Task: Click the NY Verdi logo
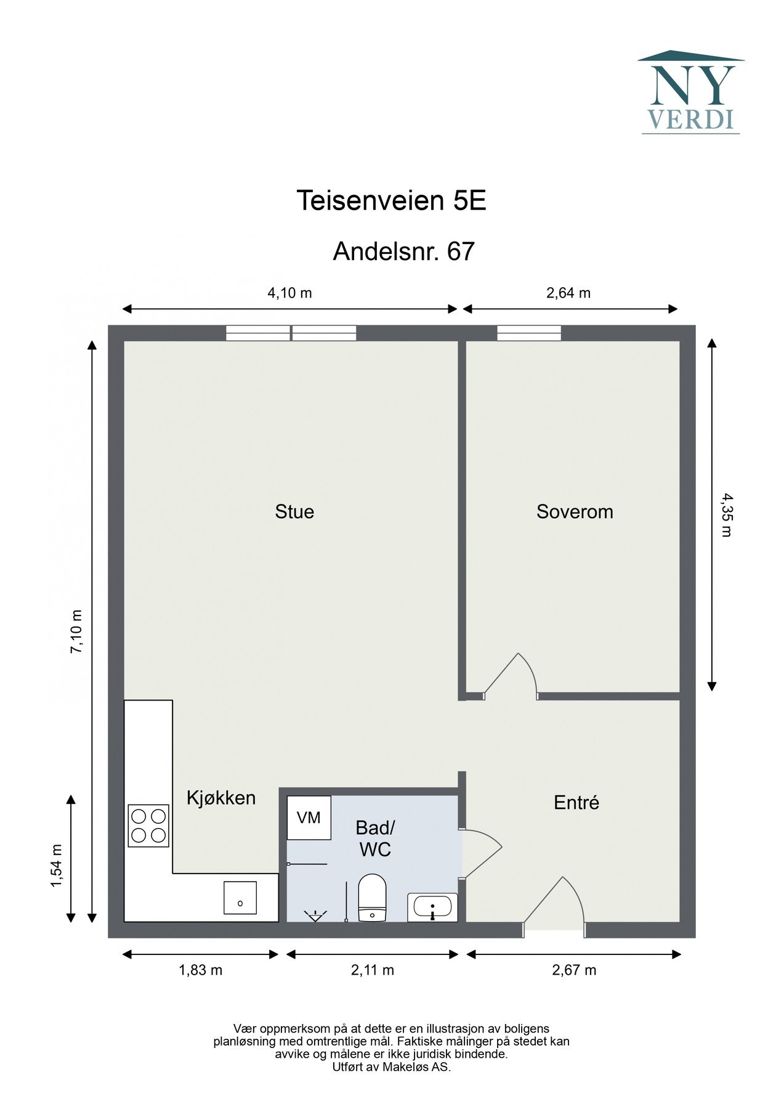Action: pos(690,92)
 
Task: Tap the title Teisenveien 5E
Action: pos(392,200)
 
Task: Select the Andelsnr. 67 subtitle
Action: pos(404,251)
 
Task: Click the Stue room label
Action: pos(294,511)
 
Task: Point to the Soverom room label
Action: pos(575,511)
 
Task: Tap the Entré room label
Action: pos(576,802)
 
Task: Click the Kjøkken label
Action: pos(221,798)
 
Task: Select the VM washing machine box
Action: pos(309,818)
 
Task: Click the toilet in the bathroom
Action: pos(372,898)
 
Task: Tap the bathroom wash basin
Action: pos(432,907)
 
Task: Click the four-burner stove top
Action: pos(148,826)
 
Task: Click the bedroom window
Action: pos(529,333)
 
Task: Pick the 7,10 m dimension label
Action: pos(76,632)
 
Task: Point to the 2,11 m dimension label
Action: pos(373,970)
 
